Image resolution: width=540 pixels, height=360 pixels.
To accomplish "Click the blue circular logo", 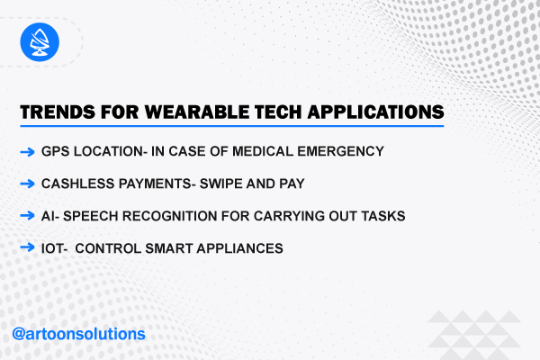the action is point(40,42).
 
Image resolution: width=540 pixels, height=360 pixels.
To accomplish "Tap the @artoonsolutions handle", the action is point(78,334).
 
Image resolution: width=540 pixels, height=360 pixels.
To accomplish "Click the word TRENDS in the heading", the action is point(58,112).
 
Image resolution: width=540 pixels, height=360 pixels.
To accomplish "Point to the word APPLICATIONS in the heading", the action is point(375,112).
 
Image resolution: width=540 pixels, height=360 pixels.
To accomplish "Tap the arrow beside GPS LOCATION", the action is point(27,151).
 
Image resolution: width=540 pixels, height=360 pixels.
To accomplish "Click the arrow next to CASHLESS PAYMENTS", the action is point(27,184).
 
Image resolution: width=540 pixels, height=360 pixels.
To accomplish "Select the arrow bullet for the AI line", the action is point(27,216).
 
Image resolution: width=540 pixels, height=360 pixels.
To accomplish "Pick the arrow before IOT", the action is point(27,247).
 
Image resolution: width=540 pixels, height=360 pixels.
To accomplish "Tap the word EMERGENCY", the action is point(340,151).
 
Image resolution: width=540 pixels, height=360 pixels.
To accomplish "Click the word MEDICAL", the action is point(263,151).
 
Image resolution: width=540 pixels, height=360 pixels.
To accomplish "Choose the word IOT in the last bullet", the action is point(52,248).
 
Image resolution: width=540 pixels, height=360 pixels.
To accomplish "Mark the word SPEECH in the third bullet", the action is point(91,216).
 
